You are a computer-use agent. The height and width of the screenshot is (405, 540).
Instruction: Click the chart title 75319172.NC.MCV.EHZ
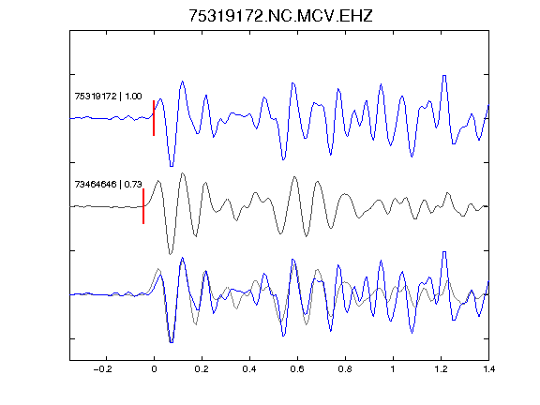[280, 16]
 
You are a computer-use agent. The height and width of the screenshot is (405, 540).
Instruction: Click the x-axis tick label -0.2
[102, 369]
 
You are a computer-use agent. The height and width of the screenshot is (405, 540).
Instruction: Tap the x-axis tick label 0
[154, 369]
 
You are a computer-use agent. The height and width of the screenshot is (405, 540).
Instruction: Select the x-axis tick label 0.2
[202, 369]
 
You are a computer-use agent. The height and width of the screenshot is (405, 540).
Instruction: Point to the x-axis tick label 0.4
[249, 369]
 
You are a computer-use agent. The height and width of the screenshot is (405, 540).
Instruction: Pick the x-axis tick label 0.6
[297, 369]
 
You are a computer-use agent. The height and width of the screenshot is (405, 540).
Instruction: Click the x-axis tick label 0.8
[345, 369]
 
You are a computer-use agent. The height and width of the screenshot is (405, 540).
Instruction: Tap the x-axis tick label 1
[393, 369]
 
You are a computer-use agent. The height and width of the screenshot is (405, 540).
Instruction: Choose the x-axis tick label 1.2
[441, 369]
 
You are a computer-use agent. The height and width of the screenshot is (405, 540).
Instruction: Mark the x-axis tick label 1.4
[488, 369]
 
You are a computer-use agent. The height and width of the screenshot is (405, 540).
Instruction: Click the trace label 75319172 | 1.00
[108, 96]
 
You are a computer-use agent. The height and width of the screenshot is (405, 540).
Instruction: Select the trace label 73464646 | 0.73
[108, 185]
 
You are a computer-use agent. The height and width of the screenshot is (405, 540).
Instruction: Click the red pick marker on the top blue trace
[154, 118]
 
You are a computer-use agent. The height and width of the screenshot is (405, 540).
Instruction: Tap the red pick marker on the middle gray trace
[143, 206]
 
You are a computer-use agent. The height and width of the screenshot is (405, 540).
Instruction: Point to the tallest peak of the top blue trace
[444, 76]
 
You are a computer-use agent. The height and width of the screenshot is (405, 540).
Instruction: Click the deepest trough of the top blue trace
[172, 166]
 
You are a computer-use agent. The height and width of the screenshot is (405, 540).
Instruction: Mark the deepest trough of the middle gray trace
[170, 254]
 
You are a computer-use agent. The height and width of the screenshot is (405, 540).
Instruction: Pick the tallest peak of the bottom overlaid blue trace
[444, 252]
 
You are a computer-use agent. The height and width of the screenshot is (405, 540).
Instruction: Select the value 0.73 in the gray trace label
[133, 185]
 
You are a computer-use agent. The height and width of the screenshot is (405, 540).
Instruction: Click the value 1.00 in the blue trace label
[133, 96]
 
